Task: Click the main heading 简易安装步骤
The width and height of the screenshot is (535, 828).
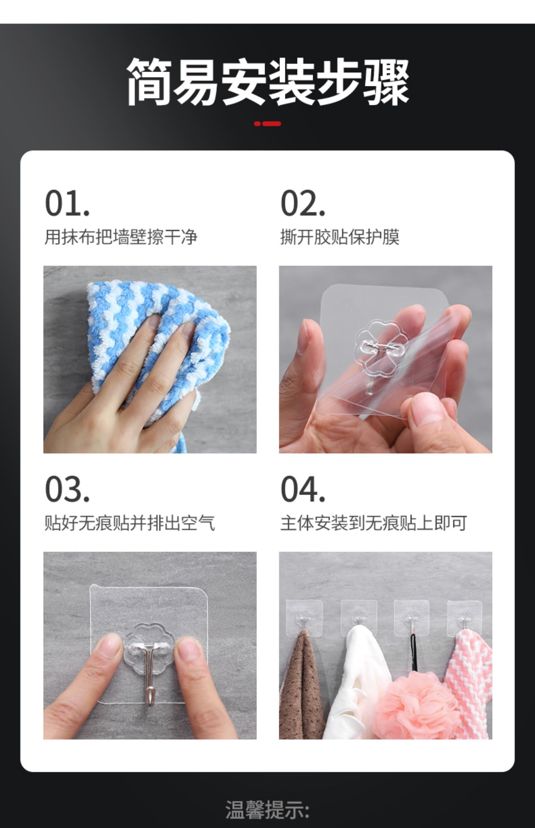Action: point(267,82)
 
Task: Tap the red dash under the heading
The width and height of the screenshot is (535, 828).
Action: point(267,124)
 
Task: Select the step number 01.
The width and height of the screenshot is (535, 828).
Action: point(67,203)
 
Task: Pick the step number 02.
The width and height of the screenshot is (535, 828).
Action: point(303,203)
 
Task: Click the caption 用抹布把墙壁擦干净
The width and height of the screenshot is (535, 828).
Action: point(121,237)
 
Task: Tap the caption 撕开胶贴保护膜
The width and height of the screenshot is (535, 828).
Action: point(340,237)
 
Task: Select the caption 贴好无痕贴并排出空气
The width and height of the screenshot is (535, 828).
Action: point(130,523)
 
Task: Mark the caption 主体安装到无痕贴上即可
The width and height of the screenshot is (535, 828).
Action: point(374,523)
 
